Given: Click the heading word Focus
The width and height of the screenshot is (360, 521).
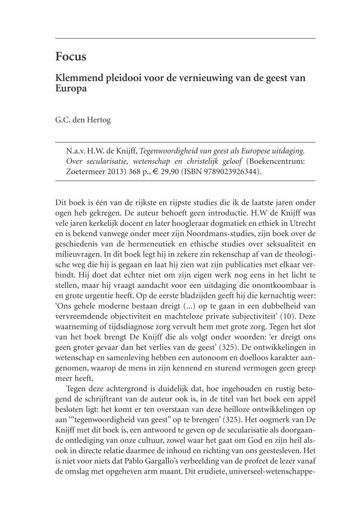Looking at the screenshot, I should (x=71, y=57).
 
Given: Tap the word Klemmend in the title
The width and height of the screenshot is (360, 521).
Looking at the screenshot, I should (x=80, y=78).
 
